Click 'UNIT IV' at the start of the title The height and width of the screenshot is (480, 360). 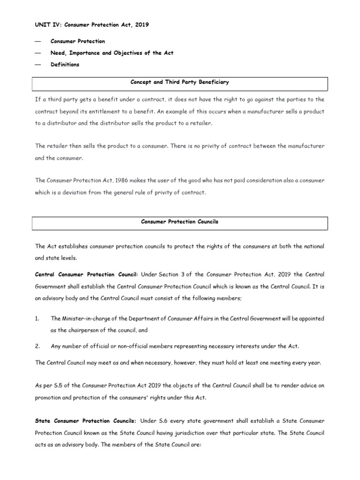tap(46, 25)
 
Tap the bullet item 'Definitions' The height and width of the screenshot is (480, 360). tap(65, 65)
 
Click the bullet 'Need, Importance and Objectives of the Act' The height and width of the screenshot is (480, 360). tap(112, 53)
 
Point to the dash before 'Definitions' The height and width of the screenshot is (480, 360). tap(38, 65)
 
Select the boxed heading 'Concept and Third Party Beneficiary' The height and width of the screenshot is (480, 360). tap(180, 82)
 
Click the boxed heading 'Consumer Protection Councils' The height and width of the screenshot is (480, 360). tap(180, 222)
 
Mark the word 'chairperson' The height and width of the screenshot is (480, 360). tap(78, 330)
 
